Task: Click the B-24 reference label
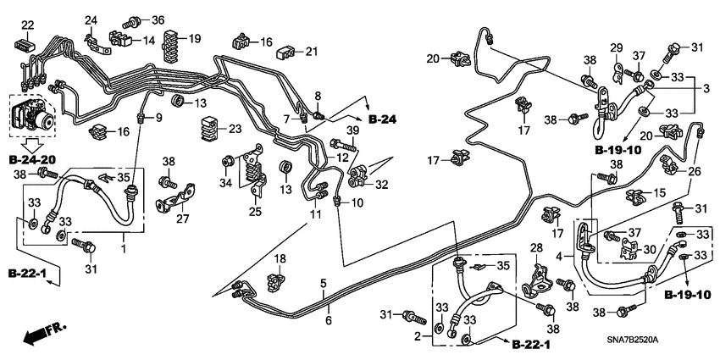tap(383, 119)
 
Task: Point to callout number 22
tap(27, 24)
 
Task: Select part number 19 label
tap(194, 38)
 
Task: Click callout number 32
tap(383, 183)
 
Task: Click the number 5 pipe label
tap(323, 283)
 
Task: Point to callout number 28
tap(535, 247)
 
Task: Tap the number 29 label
tap(617, 47)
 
